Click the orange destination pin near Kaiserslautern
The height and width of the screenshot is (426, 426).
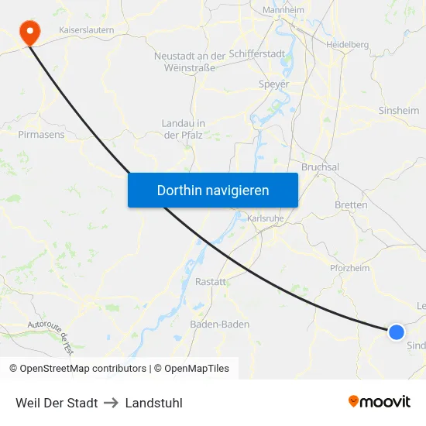30,33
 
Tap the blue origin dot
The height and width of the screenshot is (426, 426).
396,332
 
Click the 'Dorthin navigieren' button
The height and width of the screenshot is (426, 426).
213,190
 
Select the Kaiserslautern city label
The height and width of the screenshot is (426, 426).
87,30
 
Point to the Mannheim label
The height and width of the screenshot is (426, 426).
283,10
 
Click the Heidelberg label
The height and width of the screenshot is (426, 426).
348,45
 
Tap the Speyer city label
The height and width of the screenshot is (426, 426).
274,84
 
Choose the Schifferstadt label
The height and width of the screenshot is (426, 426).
257,55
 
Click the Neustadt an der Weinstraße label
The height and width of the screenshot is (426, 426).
189,62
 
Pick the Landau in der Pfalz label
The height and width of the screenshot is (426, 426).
183,129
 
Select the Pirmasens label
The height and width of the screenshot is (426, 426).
41,134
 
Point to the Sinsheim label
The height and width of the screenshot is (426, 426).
399,111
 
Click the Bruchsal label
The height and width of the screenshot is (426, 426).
320,167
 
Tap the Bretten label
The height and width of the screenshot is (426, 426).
351,205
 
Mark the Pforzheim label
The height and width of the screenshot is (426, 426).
349,268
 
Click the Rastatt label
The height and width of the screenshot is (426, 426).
211,281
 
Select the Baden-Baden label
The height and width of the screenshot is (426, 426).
220,324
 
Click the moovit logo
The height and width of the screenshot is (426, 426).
379,401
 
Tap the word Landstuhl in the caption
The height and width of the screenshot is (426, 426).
153,403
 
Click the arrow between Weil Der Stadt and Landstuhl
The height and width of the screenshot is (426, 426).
112,403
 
